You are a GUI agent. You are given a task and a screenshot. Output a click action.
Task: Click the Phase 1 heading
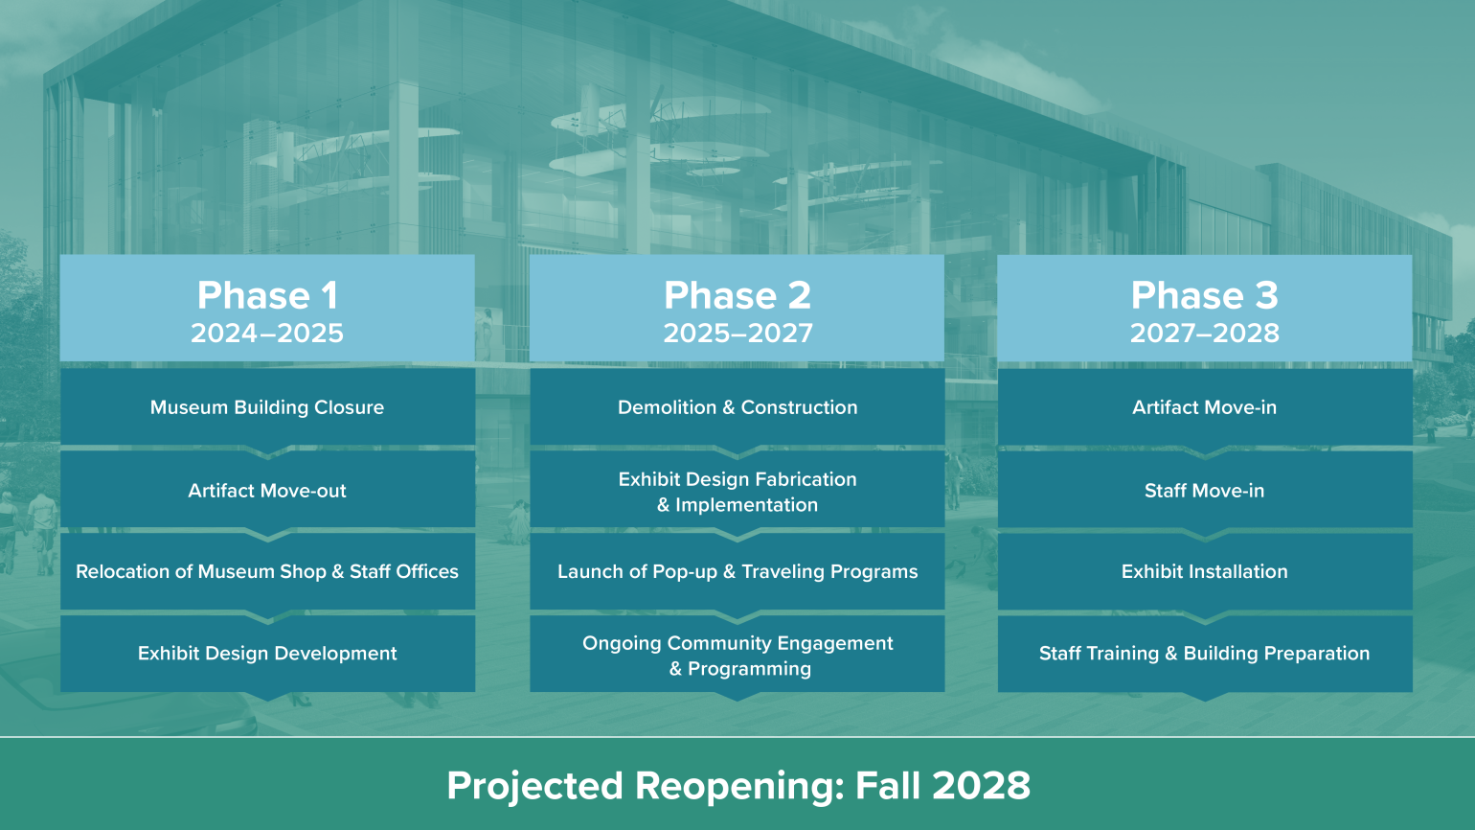pyautogui.click(x=267, y=295)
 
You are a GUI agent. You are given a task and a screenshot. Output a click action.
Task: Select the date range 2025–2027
pyautogui.click(x=737, y=334)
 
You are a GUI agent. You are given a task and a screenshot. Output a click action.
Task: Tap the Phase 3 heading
pyautogui.click(x=1204, y=295)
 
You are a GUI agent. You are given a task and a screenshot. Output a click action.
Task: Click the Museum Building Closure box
pyautogui.click(x=267, y=407)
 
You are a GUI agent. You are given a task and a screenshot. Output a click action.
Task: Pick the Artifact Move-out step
pyautogui.click(x=267, y=491)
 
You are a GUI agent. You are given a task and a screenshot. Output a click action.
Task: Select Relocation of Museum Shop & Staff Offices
pyautogui.click(x=267, y=572)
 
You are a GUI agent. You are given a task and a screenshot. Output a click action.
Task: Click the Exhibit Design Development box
pyautogui.click(x=267, y=654)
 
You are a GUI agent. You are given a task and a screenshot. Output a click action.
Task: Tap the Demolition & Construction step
pyautogui.click(x=737, y=407)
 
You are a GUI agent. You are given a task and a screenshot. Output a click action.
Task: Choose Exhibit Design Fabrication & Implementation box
pyautogui.click(x=737, y=492)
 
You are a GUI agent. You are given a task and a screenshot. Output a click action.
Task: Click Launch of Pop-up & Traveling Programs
pyautogui.click(x=737, y=572)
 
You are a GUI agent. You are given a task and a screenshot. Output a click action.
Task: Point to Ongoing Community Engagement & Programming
pyautogui.click(x=737, y=656)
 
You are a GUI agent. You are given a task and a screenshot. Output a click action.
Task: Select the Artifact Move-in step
pyautogui.click(x=1204, y=407)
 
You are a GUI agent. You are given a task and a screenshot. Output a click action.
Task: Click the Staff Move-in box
pyautogui.click(x=1204, y=491)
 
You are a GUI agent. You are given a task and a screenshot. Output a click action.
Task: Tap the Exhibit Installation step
pyautogui.click(x=1204, y=572)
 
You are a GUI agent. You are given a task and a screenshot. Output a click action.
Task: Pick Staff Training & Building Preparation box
pyautogui.click(x=1204, y=654)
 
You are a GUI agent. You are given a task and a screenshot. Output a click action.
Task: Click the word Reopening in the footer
pyautogui.click(x=738, y=787)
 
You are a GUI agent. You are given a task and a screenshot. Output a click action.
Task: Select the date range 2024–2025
pyautogui.click(x=267, y=334)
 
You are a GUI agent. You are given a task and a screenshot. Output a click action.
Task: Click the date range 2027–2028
pyautogui.click(x=1204, y=334)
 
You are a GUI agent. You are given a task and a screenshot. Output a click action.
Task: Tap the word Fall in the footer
pyautogui.click(x=887, y=786)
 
